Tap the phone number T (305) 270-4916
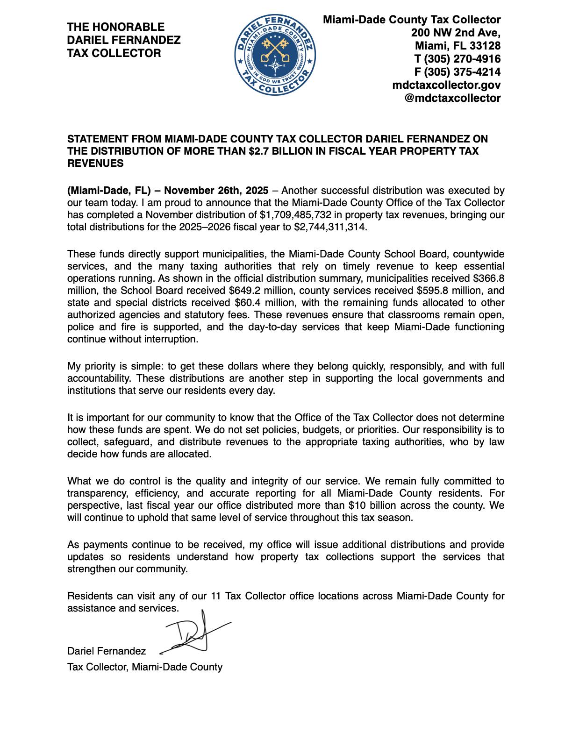(x=458, y=59)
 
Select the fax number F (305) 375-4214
(x=458, y=72)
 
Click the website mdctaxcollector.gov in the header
(x=446, y=85)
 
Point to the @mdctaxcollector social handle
(x=452, y=98)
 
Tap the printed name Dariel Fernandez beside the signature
(x=107, y=651)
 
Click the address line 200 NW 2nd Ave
(x=456, y=33)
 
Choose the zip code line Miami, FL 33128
(x=458, y=46)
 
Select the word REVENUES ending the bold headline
(x=95, y=164)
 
